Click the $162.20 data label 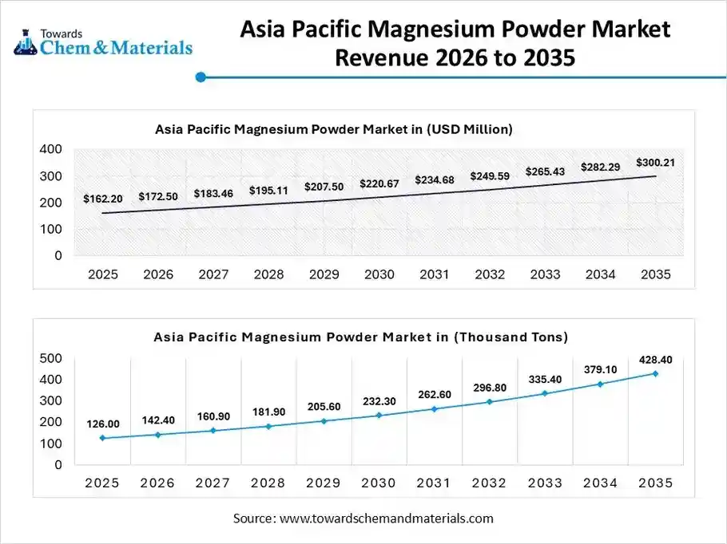point(102,199)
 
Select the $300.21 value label point(655,163)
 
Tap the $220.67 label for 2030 point(379,183)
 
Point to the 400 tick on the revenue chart point(50,149)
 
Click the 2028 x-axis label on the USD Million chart point(268,274)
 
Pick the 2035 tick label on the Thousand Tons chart point(655,483)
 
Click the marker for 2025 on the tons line point(102,438)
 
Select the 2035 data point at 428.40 point(655,373)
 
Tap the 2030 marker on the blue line point(379,415)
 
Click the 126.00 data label point(103,424)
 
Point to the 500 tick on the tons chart point(50,358)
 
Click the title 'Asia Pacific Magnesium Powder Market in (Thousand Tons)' point(360,337)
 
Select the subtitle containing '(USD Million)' point(333,128)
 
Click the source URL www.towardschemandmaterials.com point(386,518)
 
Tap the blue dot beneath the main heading point(201,77)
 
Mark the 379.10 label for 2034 point(600,369)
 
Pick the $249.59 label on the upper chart point(489,175)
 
